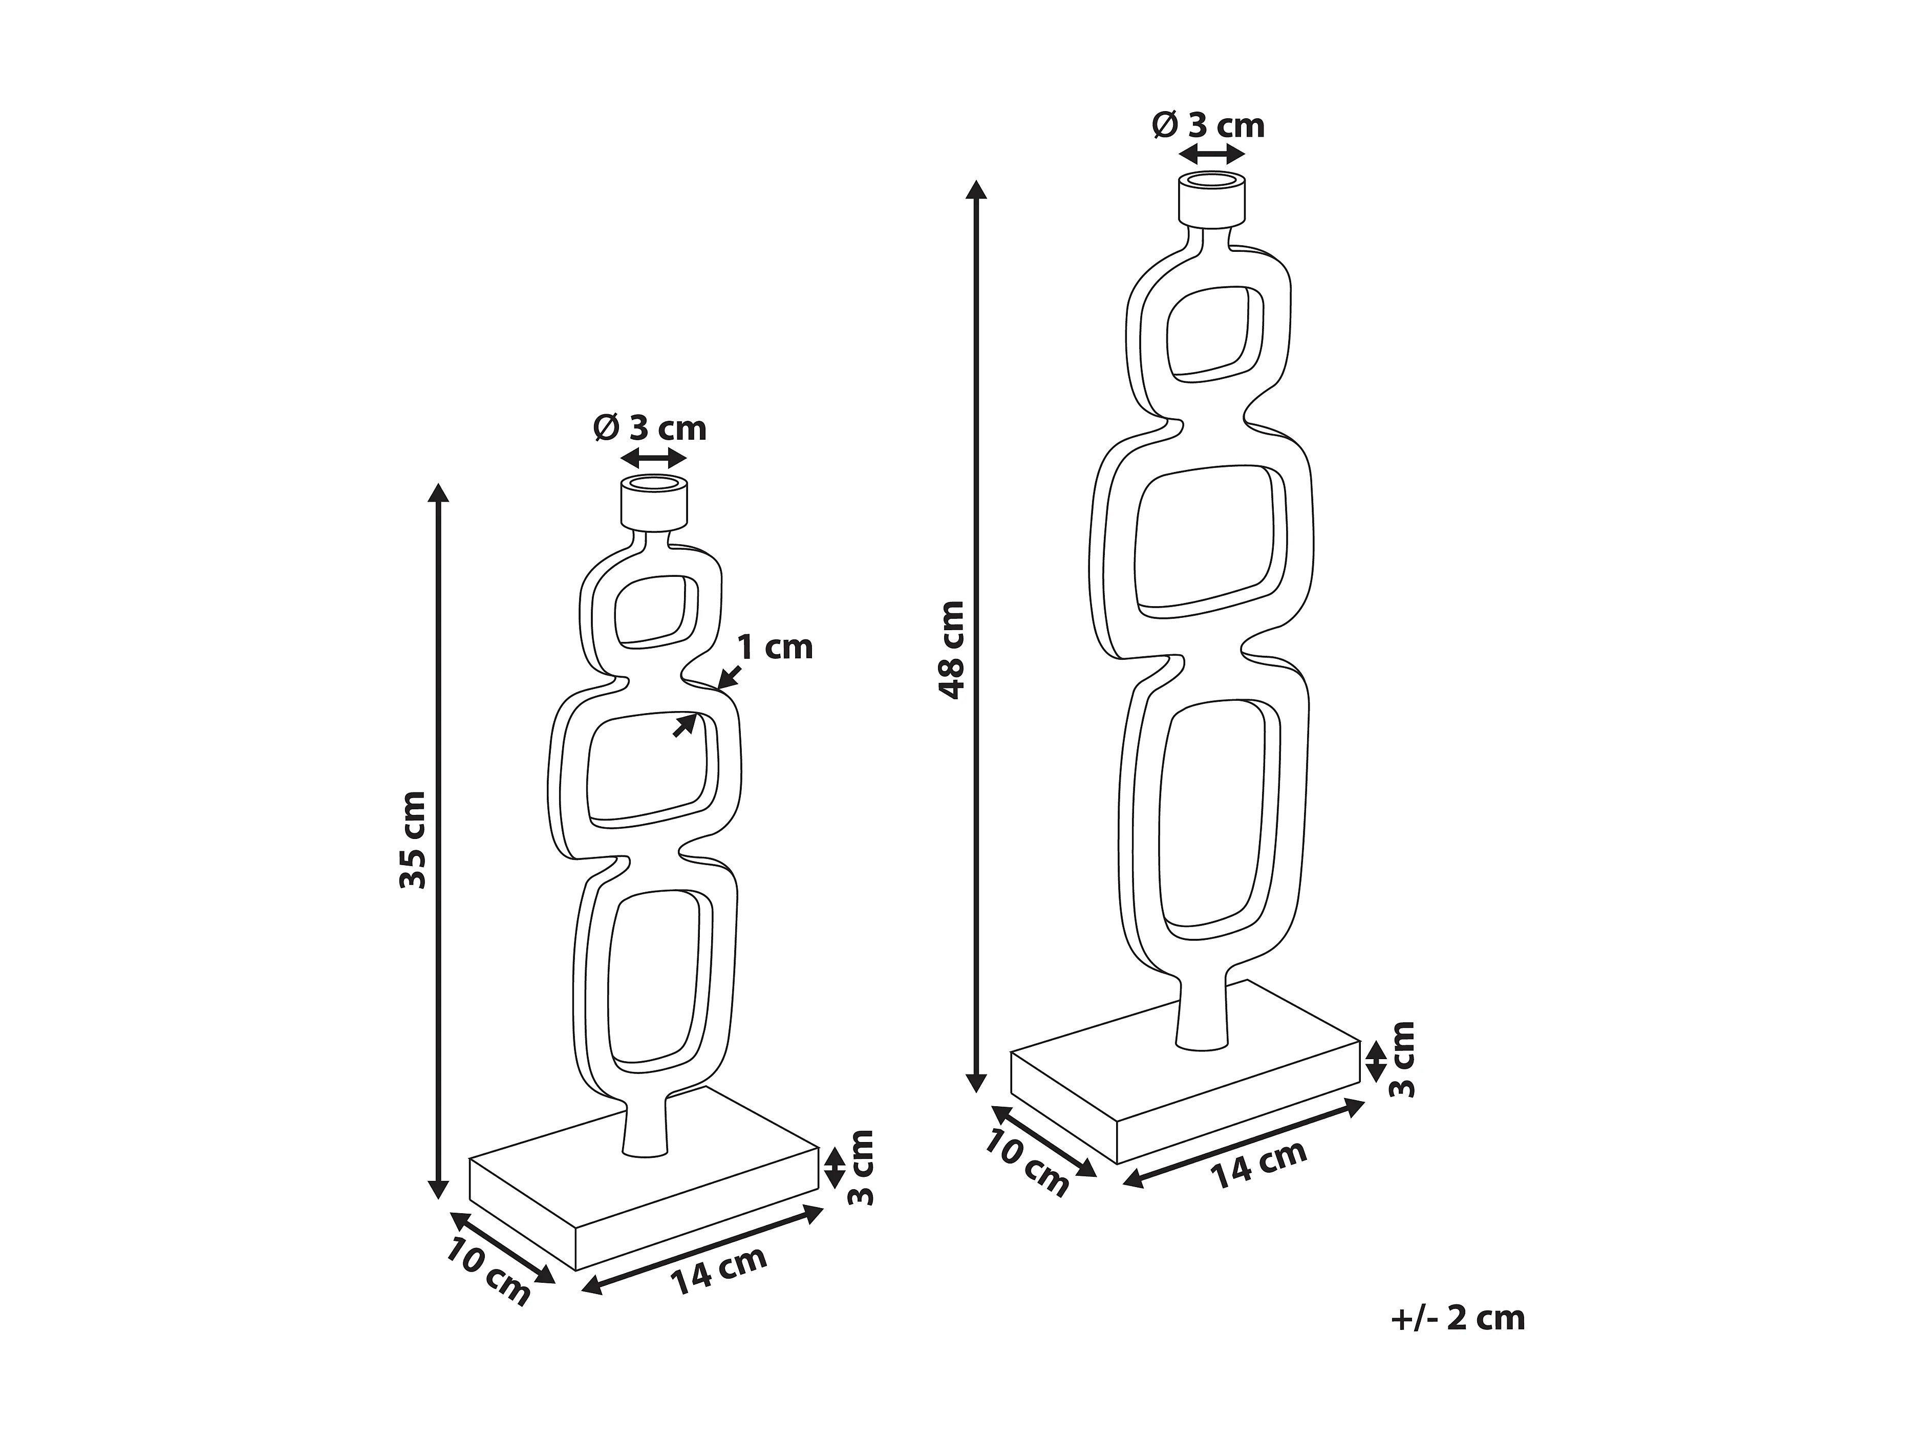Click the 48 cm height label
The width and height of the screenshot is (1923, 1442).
(953, 650)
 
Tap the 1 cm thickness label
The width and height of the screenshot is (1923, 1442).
(775, 648)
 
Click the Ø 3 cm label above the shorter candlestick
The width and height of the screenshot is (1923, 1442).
(650, 428)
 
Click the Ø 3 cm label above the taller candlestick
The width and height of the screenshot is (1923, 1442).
(1208, 126)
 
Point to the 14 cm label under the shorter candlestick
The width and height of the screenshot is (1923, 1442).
(718, 1271)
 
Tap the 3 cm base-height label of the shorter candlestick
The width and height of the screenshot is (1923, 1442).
(861, 1167)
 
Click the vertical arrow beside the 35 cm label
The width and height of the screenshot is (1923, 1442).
(439, 841)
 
